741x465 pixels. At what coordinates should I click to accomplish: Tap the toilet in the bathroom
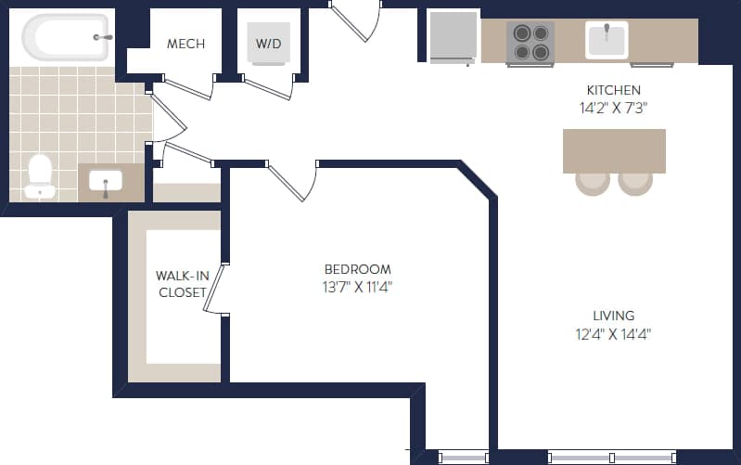(x=40, y=175)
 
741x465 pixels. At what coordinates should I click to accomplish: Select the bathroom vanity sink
(x=106, y=182)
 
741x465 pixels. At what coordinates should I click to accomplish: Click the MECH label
(x=185, y=44)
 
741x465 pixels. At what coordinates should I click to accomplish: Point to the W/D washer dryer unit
(x=269, y=44)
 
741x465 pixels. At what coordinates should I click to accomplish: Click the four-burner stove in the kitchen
(x=530, y=42)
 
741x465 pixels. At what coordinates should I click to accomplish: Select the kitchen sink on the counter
(x=607, y=40)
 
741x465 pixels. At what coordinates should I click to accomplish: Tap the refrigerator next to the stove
(x=453, y=37)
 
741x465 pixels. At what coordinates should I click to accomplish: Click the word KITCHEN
(x=613, y=90)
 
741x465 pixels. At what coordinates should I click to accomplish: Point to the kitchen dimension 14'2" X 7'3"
(x=613, y=107)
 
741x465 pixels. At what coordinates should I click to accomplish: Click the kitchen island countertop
(x=614, y=150)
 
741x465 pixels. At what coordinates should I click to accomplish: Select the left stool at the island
(x=593, y=182)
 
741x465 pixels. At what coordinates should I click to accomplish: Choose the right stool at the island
(x=635, y=182)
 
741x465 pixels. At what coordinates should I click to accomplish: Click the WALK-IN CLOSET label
(x=181, y=284)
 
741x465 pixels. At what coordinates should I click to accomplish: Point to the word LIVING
(x=614, y=316)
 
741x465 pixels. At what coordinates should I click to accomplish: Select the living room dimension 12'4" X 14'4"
(x=613, y=334)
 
